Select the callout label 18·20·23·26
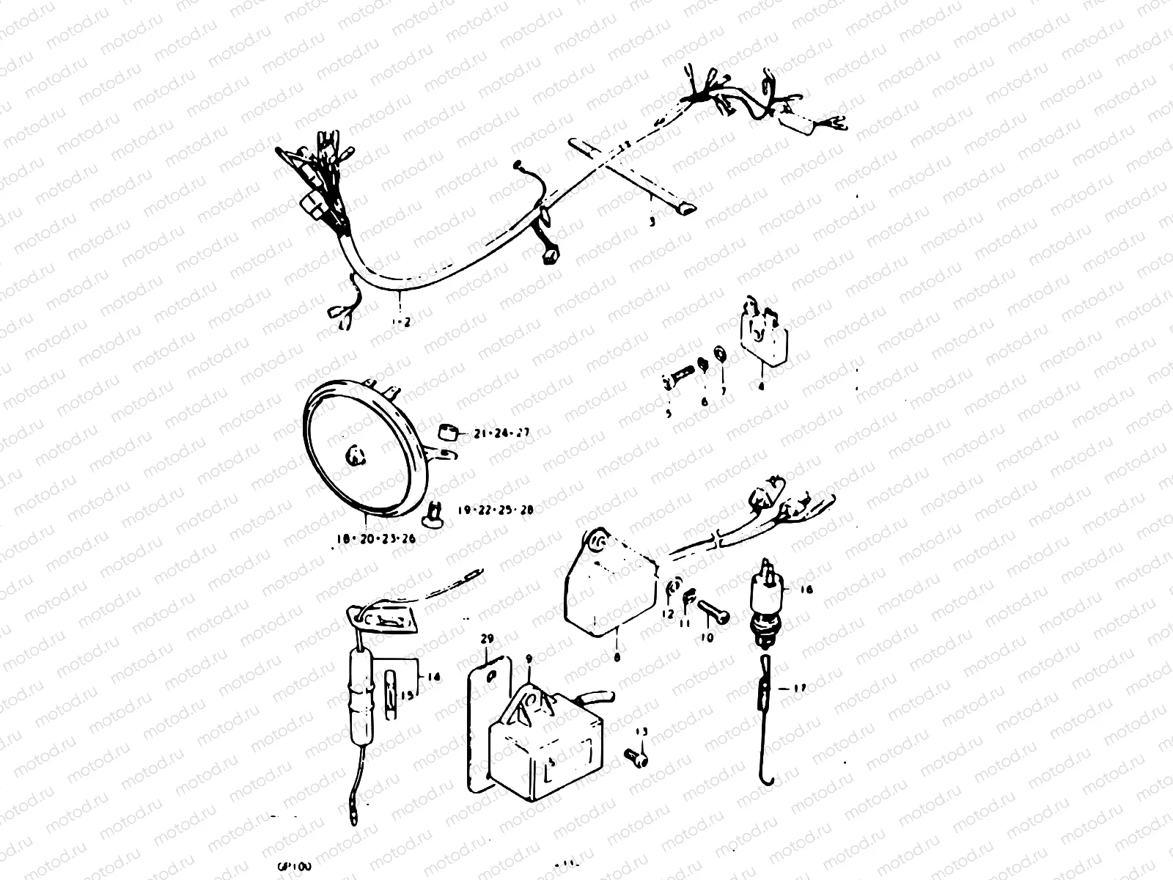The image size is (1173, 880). click(x=375, y=539)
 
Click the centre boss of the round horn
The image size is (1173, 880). click(x=356, y=456)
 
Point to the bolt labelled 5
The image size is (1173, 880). click(x=678, y=381)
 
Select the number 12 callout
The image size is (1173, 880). click(x=667, y=614)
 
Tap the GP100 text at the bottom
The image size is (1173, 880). click(x=295, y=865)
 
